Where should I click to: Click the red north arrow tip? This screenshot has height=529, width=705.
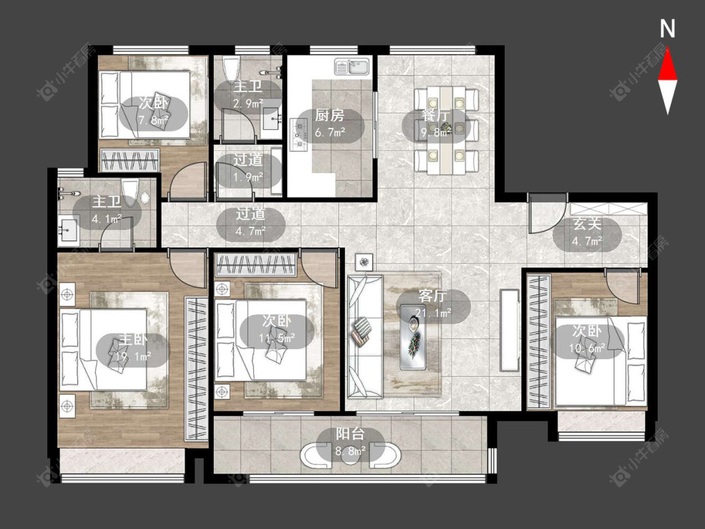tap(667, 48)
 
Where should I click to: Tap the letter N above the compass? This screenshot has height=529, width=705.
tap(667, 29)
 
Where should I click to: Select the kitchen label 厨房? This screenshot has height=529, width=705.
tap(330, 115)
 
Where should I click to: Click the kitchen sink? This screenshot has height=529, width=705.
tap(352, 67)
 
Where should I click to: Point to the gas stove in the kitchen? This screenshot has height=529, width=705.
tap(298, 134)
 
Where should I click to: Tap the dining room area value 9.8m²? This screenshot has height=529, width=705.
tap(436, 132)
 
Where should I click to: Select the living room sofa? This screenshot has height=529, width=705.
tap(365, 337)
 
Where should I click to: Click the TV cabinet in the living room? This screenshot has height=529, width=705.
tap(509, 330)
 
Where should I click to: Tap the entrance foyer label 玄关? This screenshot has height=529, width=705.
tap(587, 224)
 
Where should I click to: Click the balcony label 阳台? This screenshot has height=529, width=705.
tap(350, 434)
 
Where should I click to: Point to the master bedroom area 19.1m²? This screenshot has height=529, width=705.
tap(130, 357)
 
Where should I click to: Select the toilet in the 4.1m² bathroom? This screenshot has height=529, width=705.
tap(130, 192)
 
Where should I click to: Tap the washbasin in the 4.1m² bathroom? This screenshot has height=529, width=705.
tap(68, 231)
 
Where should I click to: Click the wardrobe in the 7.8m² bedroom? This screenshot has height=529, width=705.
tap(130, 160)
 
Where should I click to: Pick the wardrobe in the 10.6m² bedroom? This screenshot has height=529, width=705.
tap(539, 342)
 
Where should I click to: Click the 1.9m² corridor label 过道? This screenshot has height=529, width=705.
tap(248, 160)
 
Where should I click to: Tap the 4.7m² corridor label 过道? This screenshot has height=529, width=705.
tap(251, 214)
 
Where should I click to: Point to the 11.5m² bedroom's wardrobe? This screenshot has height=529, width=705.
tap(256, 264)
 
